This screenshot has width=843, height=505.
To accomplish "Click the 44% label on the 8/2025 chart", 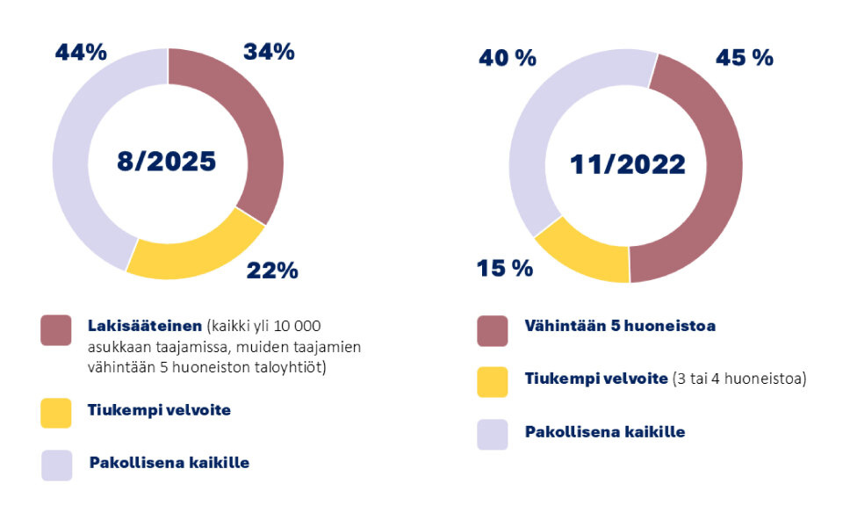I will coord(81,53).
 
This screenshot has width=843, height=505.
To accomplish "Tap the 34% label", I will coord(269,53).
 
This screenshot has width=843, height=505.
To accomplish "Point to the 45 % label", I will coord(745,58).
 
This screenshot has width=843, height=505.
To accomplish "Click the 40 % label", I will coord(507,58).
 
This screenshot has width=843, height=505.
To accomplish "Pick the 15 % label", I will coord(504,269).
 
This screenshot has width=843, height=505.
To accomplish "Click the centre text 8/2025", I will coord(167,162).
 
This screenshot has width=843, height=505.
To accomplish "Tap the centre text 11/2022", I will coord(627,164).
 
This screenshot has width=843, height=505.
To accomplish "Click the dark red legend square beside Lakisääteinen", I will coord(56,330).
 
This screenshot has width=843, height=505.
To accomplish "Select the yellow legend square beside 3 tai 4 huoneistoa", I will coord(493,381).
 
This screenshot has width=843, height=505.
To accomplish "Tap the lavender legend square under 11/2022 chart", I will coord(493,434).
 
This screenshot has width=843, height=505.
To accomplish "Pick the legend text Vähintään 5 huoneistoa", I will coord(620,326).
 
